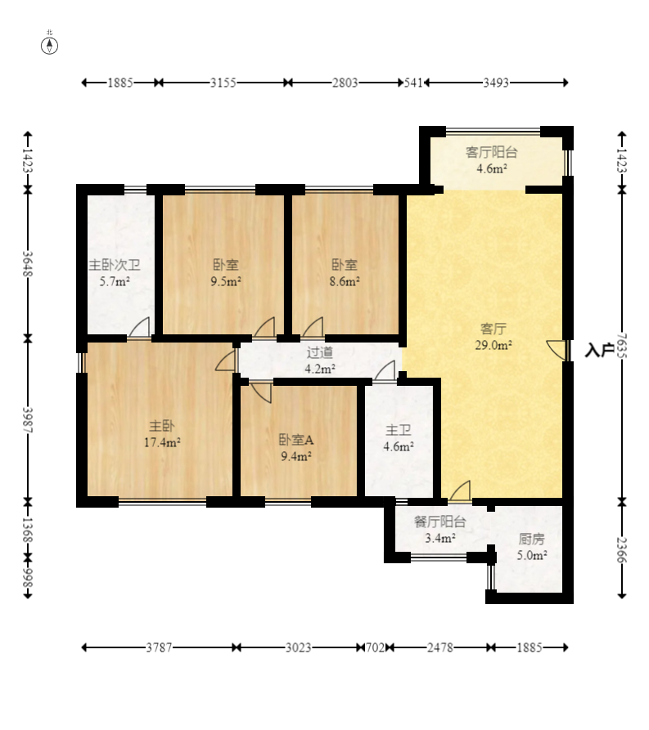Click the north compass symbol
49,46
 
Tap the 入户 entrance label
599,350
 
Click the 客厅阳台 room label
491,152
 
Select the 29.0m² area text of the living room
494,346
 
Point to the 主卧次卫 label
115,266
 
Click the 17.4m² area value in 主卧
162,442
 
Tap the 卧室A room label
296,440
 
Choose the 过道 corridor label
320,352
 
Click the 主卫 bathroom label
399,430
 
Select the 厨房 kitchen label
531,539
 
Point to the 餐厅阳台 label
440,522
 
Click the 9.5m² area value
226,282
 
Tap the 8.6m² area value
345,282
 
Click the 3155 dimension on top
223,83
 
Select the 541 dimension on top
413,83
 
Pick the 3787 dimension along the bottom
159,647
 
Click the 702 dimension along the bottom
374,647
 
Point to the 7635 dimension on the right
622,346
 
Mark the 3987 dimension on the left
28,420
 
